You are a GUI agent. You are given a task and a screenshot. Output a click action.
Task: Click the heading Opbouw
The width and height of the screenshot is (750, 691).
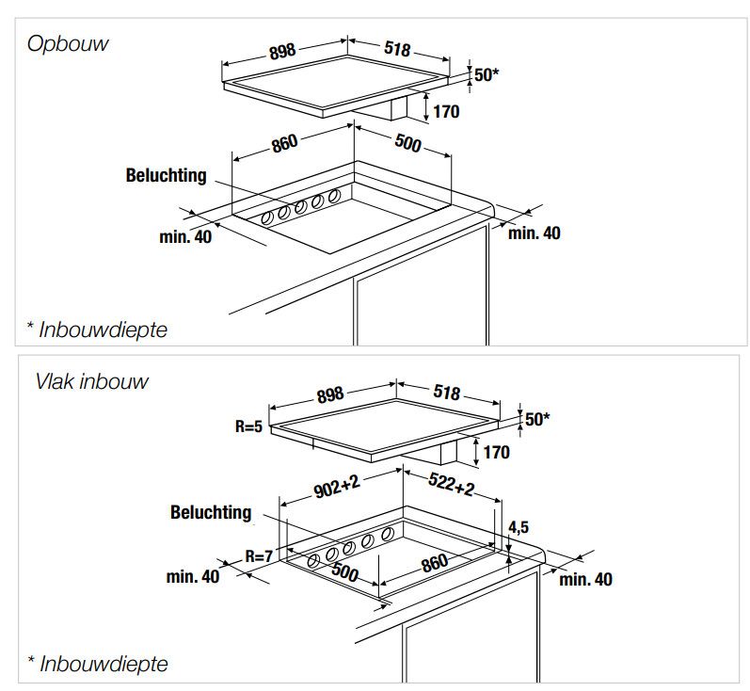click(x=68, y=44)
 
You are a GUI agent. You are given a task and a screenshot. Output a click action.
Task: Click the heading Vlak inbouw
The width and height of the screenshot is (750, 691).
click(x=92, y=381)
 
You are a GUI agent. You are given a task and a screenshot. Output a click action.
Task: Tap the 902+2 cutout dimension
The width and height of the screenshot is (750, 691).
click(x=337, y=486)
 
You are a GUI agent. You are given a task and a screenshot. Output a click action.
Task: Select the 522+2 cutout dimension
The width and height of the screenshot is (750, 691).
click(x=451, y=484)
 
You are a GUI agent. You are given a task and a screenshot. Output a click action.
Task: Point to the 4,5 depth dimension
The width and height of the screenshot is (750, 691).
click(x=519, y=527)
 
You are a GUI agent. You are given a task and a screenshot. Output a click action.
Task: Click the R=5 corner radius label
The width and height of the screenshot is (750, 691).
click(x=248, y=426)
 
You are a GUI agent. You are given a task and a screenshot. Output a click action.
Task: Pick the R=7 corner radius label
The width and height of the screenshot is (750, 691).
click(x=259, y=555)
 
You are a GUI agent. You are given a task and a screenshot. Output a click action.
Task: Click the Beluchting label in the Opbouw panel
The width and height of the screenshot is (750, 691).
click(x=166, y=176)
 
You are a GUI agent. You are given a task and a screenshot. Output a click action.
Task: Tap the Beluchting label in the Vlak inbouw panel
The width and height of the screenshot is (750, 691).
click(x=211, y=512)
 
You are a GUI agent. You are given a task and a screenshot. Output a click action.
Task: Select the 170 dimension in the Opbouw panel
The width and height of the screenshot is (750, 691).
click(x=446, y=111)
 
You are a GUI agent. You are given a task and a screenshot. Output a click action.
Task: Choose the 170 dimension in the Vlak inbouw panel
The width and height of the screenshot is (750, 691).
click(x=497, y=452)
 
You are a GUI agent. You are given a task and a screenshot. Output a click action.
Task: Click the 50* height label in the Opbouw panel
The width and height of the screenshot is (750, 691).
click(x=487, y=74)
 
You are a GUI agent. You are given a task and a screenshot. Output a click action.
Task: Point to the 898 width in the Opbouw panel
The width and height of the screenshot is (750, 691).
click(x=282, y=51)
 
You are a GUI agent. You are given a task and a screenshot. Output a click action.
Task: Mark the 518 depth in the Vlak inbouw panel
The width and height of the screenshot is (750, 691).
click(x=447, y=392)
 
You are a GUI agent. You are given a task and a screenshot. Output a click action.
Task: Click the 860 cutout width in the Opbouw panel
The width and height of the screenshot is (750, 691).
click(x=284, y=143)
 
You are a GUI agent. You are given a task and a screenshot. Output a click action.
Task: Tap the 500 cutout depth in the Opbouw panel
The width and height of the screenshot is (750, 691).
click(x=407, y=142)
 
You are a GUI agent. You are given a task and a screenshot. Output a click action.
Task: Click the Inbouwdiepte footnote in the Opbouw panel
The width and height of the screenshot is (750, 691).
click(x=98, y=329)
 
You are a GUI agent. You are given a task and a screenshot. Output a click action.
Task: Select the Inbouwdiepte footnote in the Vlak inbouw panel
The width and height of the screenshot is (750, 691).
click(x=98, y=664)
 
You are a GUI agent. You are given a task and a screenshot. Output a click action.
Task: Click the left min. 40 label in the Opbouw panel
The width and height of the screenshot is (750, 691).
click(x=185, y=237)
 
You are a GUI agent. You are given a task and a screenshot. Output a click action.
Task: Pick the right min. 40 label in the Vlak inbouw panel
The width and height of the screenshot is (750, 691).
click(x=586, y=580)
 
